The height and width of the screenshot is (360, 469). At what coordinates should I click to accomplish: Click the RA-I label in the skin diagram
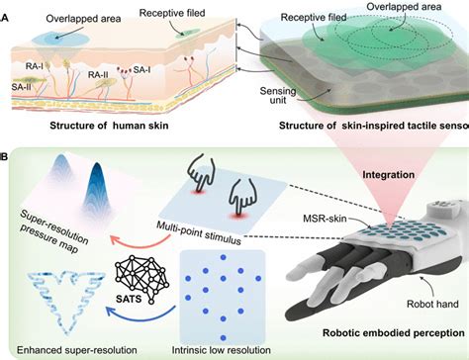point(35,65)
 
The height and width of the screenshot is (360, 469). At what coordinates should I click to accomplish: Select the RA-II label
point(98,75)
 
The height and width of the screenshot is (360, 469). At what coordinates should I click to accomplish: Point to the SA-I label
point(142,69)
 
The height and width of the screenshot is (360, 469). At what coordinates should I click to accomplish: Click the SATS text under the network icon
point(129,299)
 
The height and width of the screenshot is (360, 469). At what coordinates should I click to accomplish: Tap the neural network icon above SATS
point(141,277)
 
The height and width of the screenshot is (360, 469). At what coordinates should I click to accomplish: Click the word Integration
point(389,174)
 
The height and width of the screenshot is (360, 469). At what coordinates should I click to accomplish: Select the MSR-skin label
point(325,218)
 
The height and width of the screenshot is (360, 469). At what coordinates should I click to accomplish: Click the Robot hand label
point(432,304)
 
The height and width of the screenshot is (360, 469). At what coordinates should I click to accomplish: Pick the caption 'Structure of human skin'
point(109,126)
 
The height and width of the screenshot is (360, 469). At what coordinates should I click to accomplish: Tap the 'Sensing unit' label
point(278,95)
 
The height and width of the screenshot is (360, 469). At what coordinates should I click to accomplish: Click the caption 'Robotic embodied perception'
point(394,333)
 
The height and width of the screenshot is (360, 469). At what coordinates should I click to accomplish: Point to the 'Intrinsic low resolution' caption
point(222,350)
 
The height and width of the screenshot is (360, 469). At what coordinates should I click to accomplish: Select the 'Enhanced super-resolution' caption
point(77,350)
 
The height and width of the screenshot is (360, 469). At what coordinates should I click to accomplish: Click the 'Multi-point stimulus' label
point(199,232)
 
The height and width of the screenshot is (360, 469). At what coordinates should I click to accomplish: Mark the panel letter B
point(4,156)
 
